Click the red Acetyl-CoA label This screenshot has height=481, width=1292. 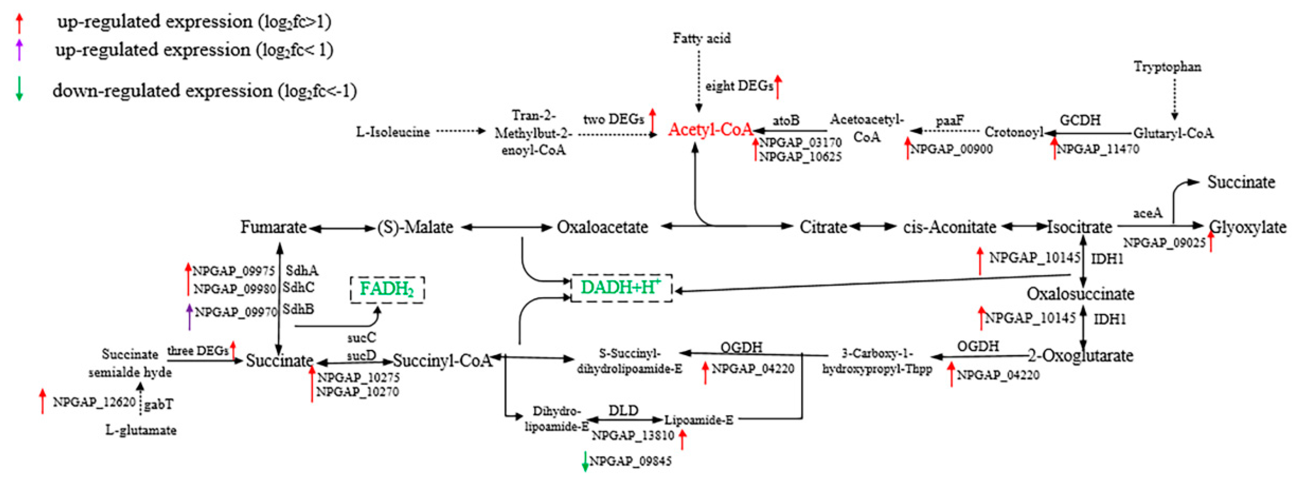point(710,130)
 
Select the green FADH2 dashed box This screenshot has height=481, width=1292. point(387,289)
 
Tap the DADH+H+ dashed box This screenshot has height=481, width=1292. point(621,288)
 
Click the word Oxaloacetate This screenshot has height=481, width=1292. point(602,227)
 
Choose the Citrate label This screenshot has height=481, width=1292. point(823,227)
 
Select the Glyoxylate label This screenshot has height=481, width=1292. point(1247,227)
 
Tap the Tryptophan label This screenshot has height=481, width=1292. point(1167,67)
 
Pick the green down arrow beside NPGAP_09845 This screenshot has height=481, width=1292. point(584,461)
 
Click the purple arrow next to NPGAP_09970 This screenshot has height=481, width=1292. point(189,317)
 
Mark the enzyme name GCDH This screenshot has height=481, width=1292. point(1080,120)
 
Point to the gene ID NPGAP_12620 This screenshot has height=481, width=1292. point(94,402)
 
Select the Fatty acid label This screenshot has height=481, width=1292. point(701,39)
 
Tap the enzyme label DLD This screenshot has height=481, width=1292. point(623,410)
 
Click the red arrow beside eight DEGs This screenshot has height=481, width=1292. point(777,87)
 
